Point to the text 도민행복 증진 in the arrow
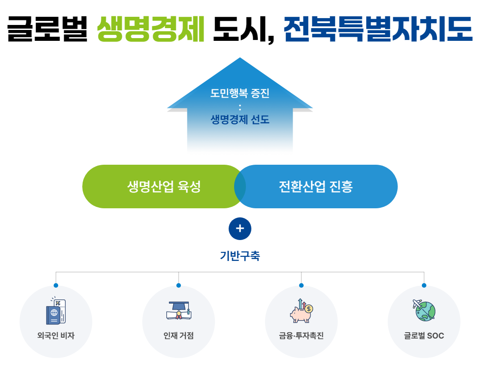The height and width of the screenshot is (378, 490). [x=240, y=93]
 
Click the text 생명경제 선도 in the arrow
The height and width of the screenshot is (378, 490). [x=240, y=119]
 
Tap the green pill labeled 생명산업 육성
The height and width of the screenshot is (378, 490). [x=164, y=187]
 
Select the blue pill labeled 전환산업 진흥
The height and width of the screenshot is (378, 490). [x=315, y=187]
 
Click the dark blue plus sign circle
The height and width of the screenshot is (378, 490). [x=240, y=229]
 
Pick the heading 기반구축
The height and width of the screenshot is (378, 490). [x=240, y=256]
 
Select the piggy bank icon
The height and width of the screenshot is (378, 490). [x=301, y=311]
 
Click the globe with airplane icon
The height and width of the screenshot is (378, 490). [x=424, y=310]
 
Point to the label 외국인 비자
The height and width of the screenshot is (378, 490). [x=56, y=336]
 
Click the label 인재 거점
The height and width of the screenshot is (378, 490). [x=179, y=336]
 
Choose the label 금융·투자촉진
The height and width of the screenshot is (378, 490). [x=301, y=336]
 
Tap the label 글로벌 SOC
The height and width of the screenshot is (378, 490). [x=424, y=336]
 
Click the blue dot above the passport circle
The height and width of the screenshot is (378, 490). [x=56, y=285]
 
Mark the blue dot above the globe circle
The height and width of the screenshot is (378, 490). [x=424, y=285]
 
